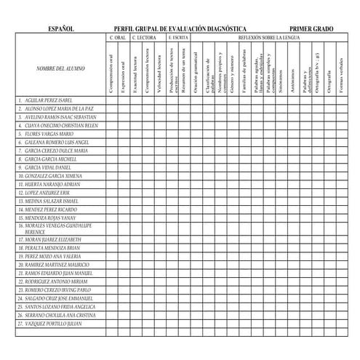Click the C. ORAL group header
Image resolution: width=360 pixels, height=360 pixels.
pos(118,36)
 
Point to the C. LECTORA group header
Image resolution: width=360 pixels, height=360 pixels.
pos(143,36)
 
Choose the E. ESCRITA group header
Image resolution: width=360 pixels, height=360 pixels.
pos(177,36)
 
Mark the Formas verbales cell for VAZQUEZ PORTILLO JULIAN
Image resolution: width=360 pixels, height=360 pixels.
pos(338,324)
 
